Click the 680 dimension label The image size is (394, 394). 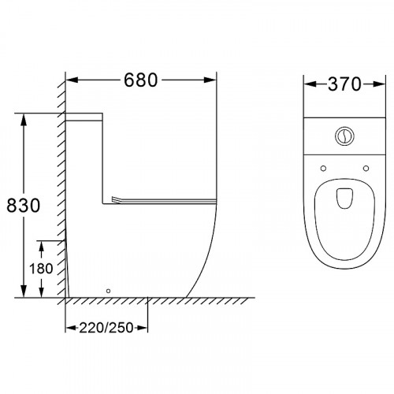pyautogui.click(x=140, y=80)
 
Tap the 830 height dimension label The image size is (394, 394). pyautogui.click(x=24, y=206)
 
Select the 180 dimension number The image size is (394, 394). pyautogui.click(x=41, y=269)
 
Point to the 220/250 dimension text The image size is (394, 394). pyautogui.click(x=106, y=328)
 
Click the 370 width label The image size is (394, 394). pyautogui.click(x=344, y=84)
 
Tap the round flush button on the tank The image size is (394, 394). pyautogui.click(x=344, y=136)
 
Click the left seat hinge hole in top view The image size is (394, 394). pyautogui.click(x=323, y=169)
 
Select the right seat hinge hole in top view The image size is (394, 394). pyautogui.click(x=366, y=169)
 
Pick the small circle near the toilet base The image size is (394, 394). pyautogui.click(x=108, y=291)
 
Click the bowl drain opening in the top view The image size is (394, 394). pyautogui.click(x=344, y=199)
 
